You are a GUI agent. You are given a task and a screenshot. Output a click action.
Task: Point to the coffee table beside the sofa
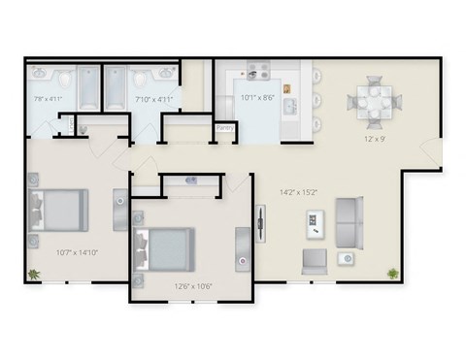[x=316, y=225]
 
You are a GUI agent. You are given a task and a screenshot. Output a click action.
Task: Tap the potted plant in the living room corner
[x=392, y=273]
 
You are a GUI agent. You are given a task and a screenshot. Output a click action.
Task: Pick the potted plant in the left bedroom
[x=35, y=274]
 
